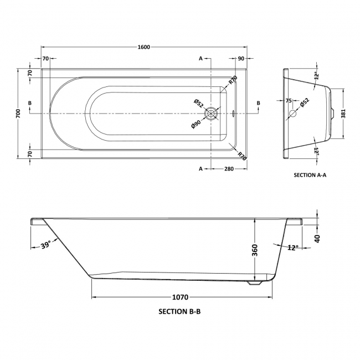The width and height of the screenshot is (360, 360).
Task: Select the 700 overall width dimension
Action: click(18, 114)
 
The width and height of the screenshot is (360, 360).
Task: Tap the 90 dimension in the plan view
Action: click(241, 59)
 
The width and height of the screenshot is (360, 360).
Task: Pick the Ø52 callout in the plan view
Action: click(198, 103)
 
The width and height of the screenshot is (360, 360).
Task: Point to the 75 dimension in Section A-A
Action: click(289, 101)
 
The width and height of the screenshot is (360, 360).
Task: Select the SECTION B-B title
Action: click(179, 312)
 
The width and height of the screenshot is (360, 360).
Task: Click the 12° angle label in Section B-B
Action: click(292, 247)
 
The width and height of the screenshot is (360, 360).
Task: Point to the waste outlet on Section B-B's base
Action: click(255, 283)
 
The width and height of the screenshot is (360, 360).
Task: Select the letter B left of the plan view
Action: click(29, 104)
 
